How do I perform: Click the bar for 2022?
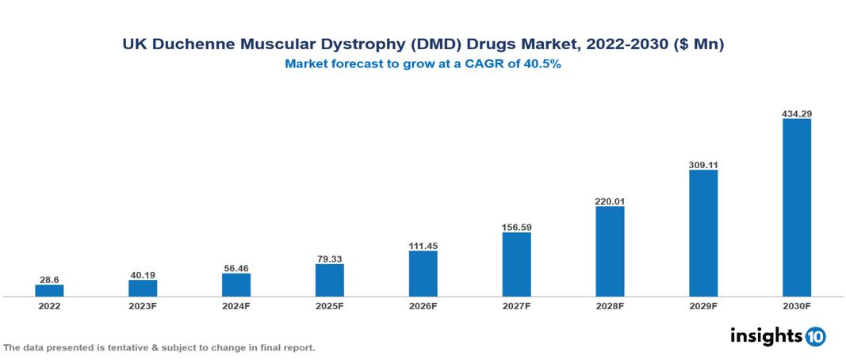(x=49, y=290)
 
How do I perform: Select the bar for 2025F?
(x=330, y=280)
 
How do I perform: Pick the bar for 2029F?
(x=703, y=233)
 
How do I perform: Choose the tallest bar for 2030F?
(x=797, y=208)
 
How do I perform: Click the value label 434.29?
(x=797, y=113)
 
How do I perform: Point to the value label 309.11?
(x=703, y=164)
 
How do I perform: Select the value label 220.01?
(x=610, y=201)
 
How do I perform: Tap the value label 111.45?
(x=423, y=246)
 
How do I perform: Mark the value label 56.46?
(x=236, y=268)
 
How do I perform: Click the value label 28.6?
(x=49, y=280)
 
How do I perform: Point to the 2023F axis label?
(x=143, y=306)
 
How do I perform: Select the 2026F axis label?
(x=423, y=306)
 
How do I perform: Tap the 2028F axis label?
(x=610, y=306)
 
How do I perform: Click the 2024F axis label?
(x=236, y=306)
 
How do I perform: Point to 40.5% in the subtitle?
(x=542, y=65)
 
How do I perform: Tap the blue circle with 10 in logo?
(x=816, y=336)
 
